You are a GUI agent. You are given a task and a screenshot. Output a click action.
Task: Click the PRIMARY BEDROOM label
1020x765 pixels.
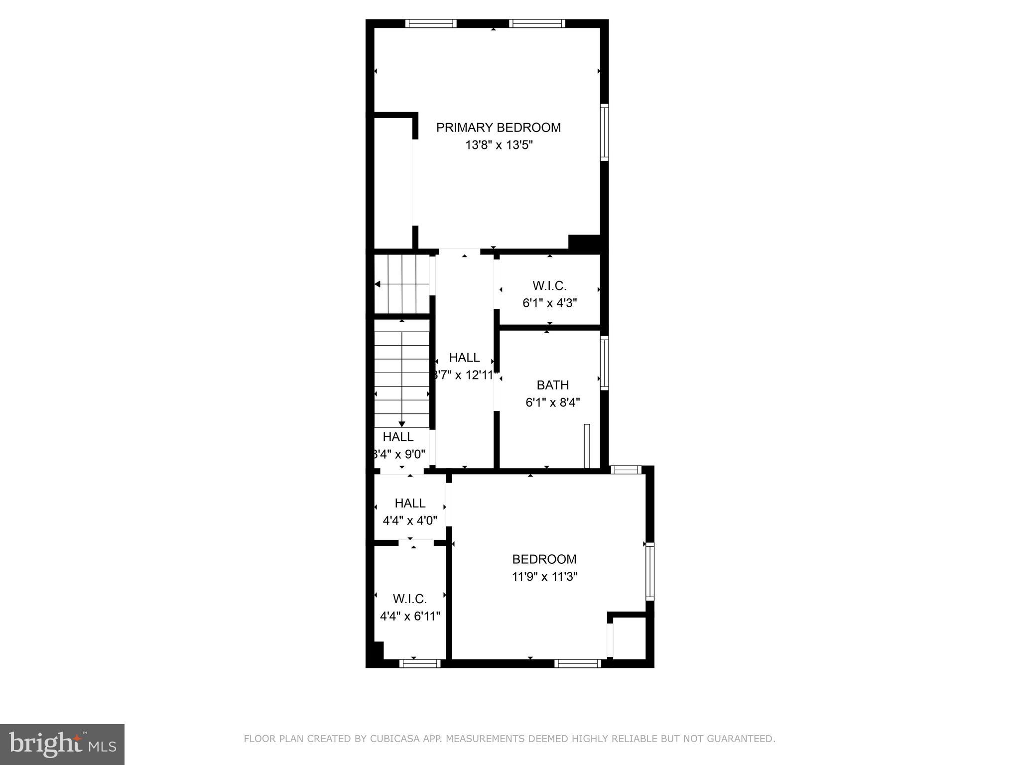coord(498,127)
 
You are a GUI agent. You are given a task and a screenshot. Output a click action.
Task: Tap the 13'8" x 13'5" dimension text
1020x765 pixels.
coord(499,145)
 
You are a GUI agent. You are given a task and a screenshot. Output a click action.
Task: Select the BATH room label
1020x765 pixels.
coord(552,385)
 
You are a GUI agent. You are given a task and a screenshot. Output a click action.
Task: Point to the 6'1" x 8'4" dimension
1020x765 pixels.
coord(553,402)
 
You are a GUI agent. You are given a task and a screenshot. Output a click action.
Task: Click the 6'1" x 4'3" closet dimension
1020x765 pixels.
coord(549,303)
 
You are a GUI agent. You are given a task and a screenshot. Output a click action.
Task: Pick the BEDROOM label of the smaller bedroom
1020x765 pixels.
coord(544,559)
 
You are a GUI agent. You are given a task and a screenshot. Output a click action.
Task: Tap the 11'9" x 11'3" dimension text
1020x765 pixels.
coord(544,577)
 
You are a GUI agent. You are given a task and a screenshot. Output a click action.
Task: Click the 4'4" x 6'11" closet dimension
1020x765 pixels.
coord(410,616)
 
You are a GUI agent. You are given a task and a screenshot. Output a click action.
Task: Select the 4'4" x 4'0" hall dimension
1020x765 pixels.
coord(410,521)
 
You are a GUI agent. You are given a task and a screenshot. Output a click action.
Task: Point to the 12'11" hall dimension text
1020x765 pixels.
coord(465,375)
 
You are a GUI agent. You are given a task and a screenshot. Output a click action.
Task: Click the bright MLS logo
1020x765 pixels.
coord(62,745)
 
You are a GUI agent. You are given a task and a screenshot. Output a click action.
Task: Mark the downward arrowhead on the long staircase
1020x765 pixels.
coord(402,424)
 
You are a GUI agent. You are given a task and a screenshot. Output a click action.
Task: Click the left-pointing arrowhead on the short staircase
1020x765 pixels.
coord(378,284)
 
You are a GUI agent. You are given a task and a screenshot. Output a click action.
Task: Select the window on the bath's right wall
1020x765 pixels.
coord(604,363)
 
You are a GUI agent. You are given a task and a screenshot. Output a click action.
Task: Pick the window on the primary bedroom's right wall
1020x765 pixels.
coord(604,132)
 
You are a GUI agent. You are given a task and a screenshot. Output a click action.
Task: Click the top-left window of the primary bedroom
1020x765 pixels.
coord(431,23)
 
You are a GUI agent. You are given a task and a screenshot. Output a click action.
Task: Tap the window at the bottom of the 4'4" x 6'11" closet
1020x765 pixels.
coord(420,663)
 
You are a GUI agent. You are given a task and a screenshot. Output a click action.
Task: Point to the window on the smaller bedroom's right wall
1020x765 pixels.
coord(649,571)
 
